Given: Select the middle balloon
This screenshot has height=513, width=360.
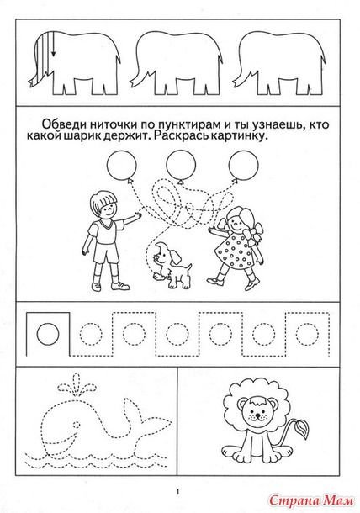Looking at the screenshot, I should (177, 163).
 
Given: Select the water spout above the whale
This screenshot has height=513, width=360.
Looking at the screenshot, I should (68, 389).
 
